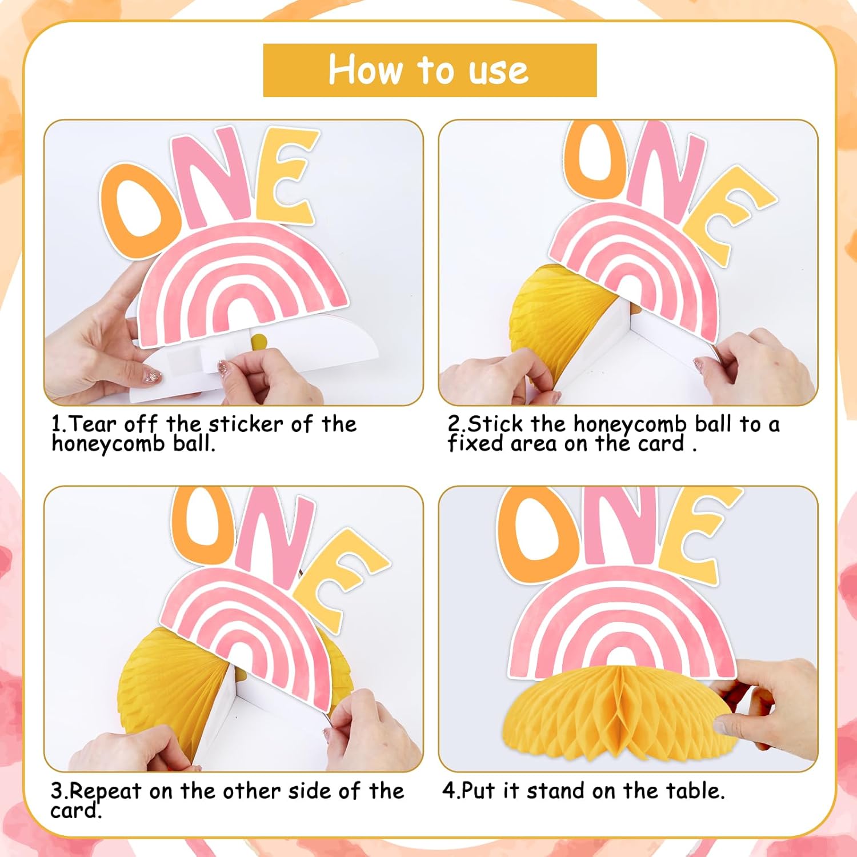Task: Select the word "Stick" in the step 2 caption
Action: pos(495,424)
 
